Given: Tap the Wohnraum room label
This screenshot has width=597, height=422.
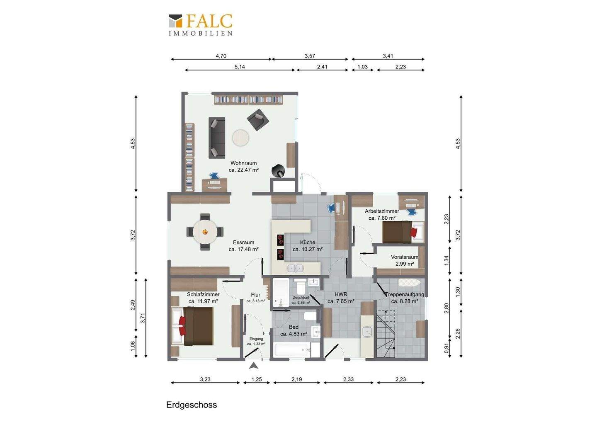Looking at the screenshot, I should (x=243, y=163).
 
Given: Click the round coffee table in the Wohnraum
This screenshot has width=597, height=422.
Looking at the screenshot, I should (x=240, y=138).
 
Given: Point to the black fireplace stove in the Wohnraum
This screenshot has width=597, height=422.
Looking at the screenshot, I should (x=278, y=170).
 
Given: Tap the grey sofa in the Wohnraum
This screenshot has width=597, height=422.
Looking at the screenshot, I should (x=216, y=138).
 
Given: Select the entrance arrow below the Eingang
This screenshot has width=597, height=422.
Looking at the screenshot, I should (x=253, y=366).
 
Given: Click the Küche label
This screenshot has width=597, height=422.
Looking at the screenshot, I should (x=307, y=243).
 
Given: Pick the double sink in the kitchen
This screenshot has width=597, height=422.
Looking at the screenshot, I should (x=296, y=268).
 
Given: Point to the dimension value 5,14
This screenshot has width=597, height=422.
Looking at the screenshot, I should (x=239, y=67).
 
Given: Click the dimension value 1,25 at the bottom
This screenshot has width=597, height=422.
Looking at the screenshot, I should (x=256, y=379).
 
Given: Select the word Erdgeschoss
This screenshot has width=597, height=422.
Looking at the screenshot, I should (x=192, y=405).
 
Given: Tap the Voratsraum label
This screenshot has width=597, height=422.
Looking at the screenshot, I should (x=404, y=257).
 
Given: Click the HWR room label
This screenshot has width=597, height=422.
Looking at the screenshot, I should (x=341, y=295).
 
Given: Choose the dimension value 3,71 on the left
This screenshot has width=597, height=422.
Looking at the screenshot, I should (x=143, y=318).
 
